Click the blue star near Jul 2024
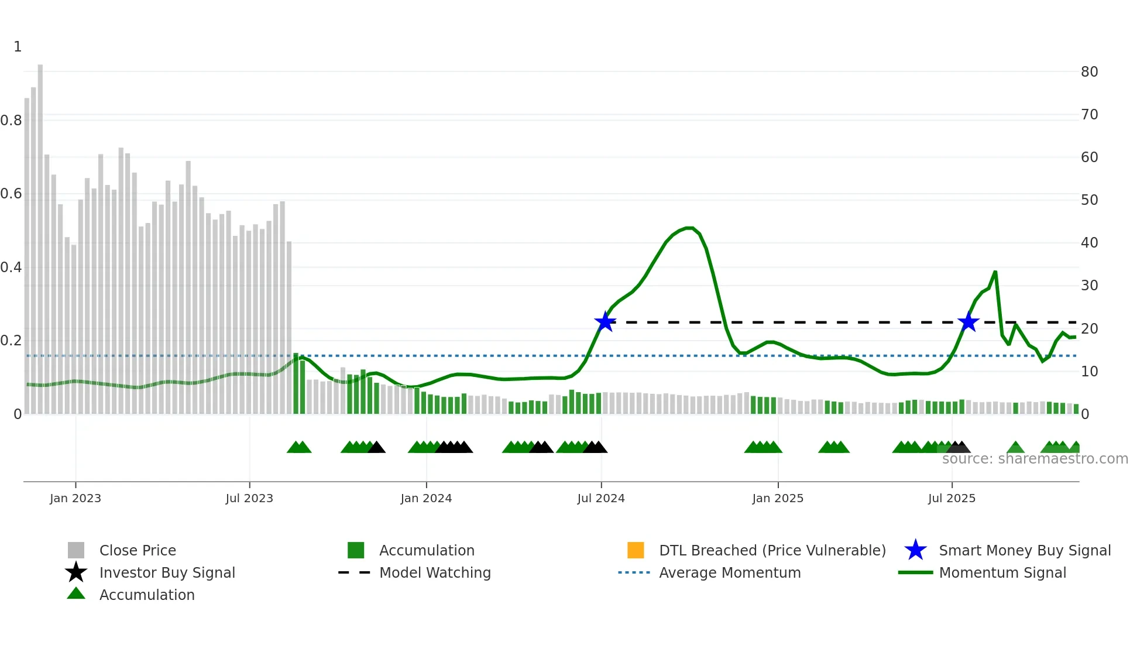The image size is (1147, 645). [605, 322]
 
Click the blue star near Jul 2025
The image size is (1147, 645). [969, 322]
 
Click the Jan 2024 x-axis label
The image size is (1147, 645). [426, 498]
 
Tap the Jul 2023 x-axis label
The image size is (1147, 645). [249, 498]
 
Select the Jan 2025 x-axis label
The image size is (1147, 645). [778, 498]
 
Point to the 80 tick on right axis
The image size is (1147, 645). [1089, 72]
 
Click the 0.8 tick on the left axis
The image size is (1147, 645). [12, 121]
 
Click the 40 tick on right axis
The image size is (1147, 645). [1089, 243]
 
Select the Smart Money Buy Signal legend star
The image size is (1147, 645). [915, 550]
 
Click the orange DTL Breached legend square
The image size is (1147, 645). [636, 550]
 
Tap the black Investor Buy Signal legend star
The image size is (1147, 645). [76, 572]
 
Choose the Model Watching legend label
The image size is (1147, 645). [435, 572]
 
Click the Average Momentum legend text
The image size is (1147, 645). [730, 572]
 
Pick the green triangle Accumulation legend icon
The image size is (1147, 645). [76, 593]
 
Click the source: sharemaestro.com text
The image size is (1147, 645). [1035, 459]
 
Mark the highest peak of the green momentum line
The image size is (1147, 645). [689, 228]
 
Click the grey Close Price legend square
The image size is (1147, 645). [76, 550]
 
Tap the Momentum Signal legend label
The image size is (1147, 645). [1002, 572]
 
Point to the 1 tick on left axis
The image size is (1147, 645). [18, 47]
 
